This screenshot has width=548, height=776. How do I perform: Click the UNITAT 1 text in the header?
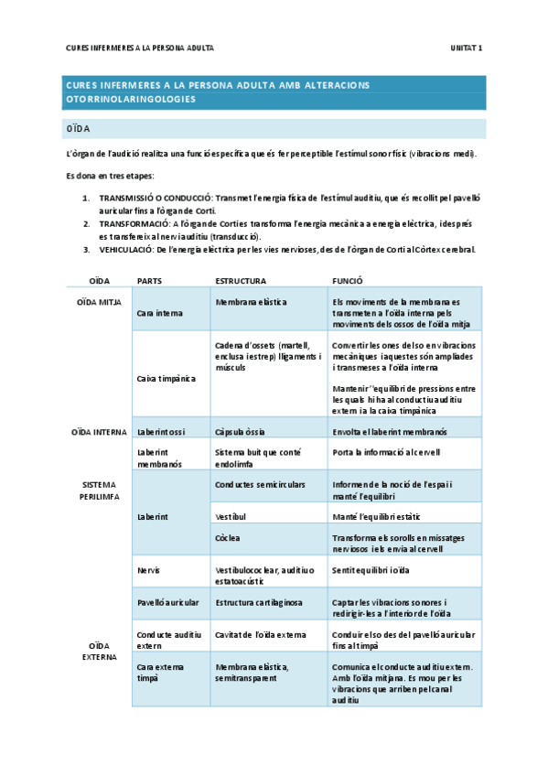(x=468, y=47)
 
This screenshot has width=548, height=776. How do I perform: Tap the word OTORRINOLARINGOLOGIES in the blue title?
(x=132, y=99)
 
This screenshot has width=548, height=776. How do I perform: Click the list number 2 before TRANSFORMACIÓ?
(x=86, y=222)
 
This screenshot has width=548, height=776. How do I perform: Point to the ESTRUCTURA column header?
(x=240, y=282)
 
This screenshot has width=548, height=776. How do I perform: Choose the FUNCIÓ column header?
(x=348, y=282)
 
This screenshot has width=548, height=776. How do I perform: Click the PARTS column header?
(x=149, y=282)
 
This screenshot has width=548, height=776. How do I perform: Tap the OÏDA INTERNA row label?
(x=97, y=431)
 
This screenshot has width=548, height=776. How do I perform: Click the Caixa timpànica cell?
(x=160, y=377)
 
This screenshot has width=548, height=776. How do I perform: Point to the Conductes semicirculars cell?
(x=260, y=484)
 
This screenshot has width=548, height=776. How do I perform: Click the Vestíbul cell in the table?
(x=231, y=517)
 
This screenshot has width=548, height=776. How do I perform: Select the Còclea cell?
(x=229, y=536)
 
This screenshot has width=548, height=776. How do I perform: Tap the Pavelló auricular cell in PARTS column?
(x=169, y=602)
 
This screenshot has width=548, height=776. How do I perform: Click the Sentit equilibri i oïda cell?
(x=371, y=569)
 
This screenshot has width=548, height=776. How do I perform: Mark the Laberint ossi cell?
(x=160, y=431)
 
